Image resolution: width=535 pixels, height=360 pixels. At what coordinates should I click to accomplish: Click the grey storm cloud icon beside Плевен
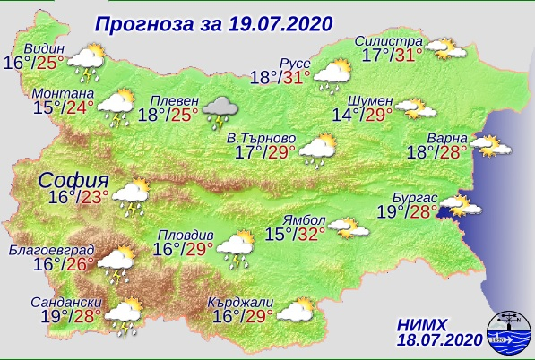pos(220,111)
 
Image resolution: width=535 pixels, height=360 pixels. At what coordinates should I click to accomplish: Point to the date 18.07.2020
pos(437,339)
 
